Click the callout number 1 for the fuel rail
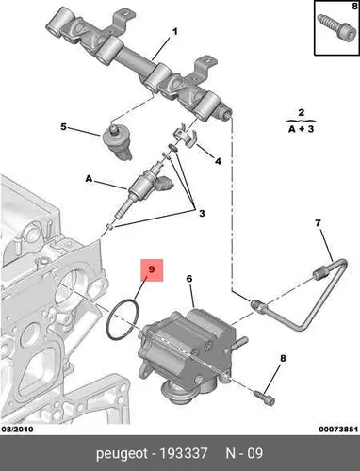(175, 32)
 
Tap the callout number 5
(63, 127)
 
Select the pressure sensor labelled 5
(117, 142)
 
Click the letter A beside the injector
(89, 179)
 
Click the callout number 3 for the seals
(202, 213)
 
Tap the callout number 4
(218, 161)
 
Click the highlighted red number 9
(152, 269)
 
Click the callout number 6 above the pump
(189, 278)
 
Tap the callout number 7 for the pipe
(318, 223)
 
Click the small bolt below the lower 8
(265, 397)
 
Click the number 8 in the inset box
(354, 6)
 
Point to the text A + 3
(301, 129)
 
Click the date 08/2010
(18, 429)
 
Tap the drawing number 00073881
(338, 429)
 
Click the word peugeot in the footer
(122, 454)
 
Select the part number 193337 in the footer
(184, 453)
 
